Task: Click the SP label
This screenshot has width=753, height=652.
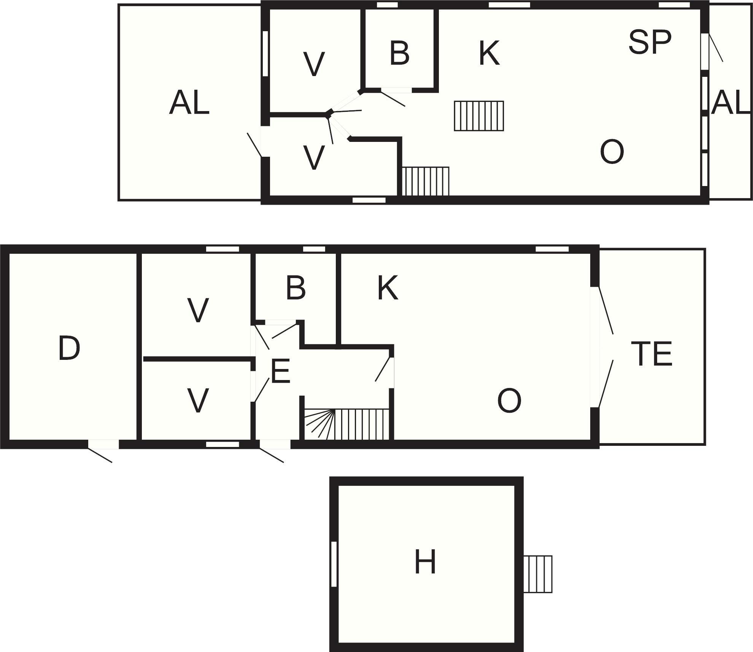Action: [x=650, y=42]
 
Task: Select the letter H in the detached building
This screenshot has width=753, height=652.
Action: [x=425, y=561]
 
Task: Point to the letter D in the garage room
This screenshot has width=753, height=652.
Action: [x=69, y=348]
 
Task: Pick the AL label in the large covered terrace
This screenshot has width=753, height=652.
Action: [x=189, y=102]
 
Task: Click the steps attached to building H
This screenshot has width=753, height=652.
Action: [x=538, y=574]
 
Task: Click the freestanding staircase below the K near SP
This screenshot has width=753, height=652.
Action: [x=479, y=116]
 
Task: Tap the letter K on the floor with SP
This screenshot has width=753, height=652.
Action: [x=489, y=53]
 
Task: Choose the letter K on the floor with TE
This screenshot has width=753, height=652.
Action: [x=388, y=288]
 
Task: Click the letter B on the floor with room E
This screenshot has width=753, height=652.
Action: [x=295, y=288]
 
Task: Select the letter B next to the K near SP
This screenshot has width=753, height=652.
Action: [x=399, y=53]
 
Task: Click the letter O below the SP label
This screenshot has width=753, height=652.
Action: [x=612, y=151]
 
